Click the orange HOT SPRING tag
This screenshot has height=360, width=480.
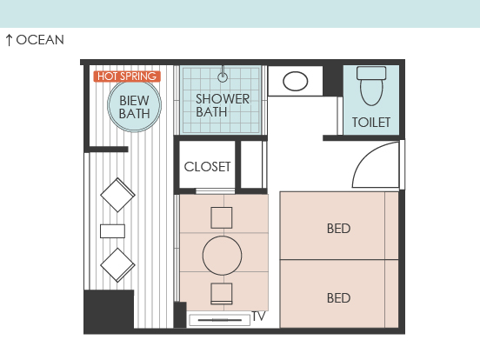click(127, 77)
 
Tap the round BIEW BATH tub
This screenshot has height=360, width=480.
click(135, 105)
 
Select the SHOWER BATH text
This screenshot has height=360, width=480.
click(223, 105)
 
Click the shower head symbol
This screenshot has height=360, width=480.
click(223, 77)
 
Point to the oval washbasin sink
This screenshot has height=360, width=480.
click(296, 81)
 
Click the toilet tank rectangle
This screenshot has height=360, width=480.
click(371, 73)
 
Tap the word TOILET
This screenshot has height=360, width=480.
click(371, 123)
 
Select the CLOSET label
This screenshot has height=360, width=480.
click(207, 167)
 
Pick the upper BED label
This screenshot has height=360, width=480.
click(338, 229)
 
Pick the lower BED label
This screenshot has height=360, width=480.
click(338, 298)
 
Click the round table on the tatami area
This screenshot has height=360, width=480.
click(223, 256)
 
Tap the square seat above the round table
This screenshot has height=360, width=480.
click(222, 217)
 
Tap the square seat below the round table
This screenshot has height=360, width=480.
click(222, 294)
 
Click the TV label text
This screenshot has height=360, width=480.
click(258, 317)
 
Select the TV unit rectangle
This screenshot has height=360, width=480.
click(220, 320)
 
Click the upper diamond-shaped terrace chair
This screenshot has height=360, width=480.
click(117, 195)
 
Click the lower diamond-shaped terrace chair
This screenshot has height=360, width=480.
click(117, 265)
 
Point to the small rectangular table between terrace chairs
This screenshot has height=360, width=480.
click(113, 231)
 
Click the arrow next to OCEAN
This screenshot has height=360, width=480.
click(10, 40)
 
